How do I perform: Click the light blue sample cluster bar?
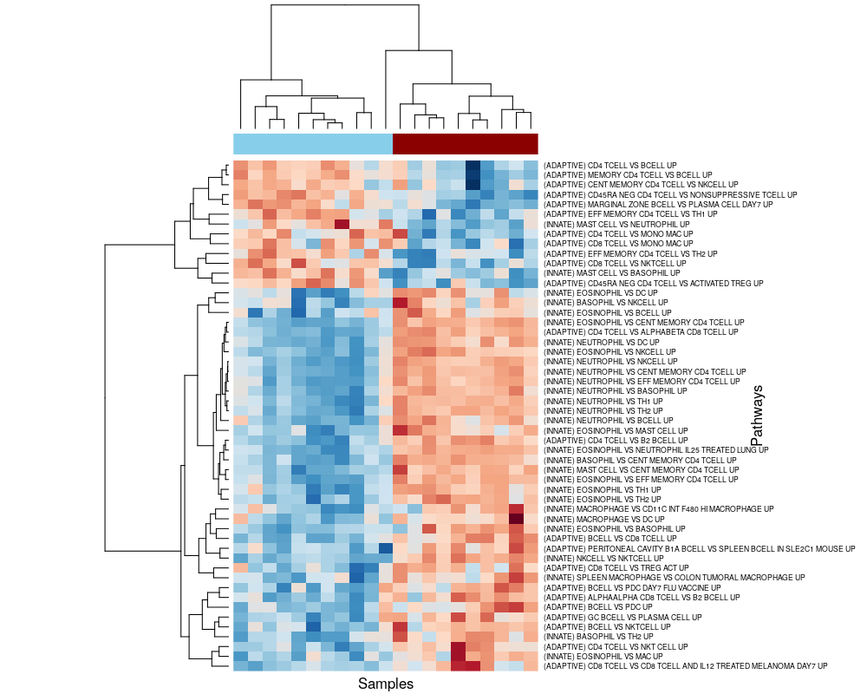pos(313,143)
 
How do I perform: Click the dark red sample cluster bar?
pos(466,143)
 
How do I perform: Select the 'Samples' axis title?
pos(386,684)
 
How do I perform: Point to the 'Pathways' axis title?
pos(757,416)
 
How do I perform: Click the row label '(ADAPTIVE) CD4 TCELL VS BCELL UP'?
pos(610,165)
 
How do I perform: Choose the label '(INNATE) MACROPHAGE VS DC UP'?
pos(603,519)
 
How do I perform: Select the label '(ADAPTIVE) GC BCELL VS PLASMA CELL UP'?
pos(617,617)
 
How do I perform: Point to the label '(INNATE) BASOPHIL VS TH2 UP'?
pos(598,637)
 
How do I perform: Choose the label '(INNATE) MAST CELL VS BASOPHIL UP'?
pos(611,273)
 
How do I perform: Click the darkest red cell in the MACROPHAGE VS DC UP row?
pos(516,519)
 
